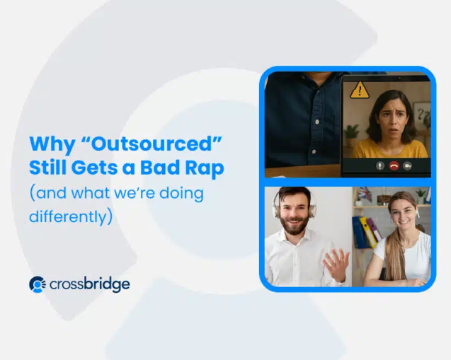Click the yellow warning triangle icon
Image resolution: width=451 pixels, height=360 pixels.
360,89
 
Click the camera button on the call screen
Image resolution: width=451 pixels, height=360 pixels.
407,166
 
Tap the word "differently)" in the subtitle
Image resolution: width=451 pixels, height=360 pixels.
71,215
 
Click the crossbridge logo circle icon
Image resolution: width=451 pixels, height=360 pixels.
38,284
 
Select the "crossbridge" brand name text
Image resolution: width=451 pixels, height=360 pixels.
90,284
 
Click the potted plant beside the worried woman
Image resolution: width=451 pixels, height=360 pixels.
352,134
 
